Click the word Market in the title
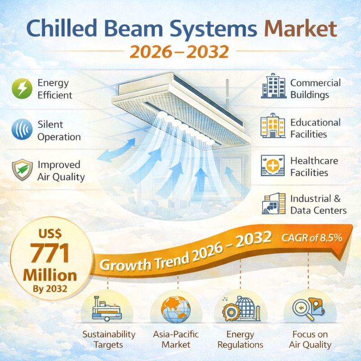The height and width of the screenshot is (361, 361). (301, 28)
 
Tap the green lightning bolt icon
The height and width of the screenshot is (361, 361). (22, 88)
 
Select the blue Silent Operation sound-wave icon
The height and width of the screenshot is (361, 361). (22, 129)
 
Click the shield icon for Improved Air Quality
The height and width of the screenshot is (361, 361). (22, 170)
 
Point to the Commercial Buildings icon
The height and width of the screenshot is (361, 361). (273, 86)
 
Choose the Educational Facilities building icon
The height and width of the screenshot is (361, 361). (273, 126)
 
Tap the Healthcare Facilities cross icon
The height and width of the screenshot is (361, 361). (273, 166)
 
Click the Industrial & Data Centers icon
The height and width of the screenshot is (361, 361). (274, 204)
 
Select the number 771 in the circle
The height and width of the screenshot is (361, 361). (50, 253)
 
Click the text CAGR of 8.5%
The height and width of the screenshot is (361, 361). (312, 238)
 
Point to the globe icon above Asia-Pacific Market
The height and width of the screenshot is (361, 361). (176, 309)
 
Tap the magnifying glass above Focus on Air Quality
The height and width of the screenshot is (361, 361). (301, 309)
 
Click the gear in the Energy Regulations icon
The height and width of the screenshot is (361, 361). (231, 312)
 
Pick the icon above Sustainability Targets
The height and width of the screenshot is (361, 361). (107, 309)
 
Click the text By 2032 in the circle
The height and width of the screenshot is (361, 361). (50, 289)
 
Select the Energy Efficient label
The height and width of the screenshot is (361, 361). (55, 89)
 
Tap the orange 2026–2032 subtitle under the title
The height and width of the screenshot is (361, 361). (179, 52)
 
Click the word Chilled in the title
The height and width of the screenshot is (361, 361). (62, 28)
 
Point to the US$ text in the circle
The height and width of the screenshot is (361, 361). (50, 234)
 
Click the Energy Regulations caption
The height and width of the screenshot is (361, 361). (240, 339)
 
